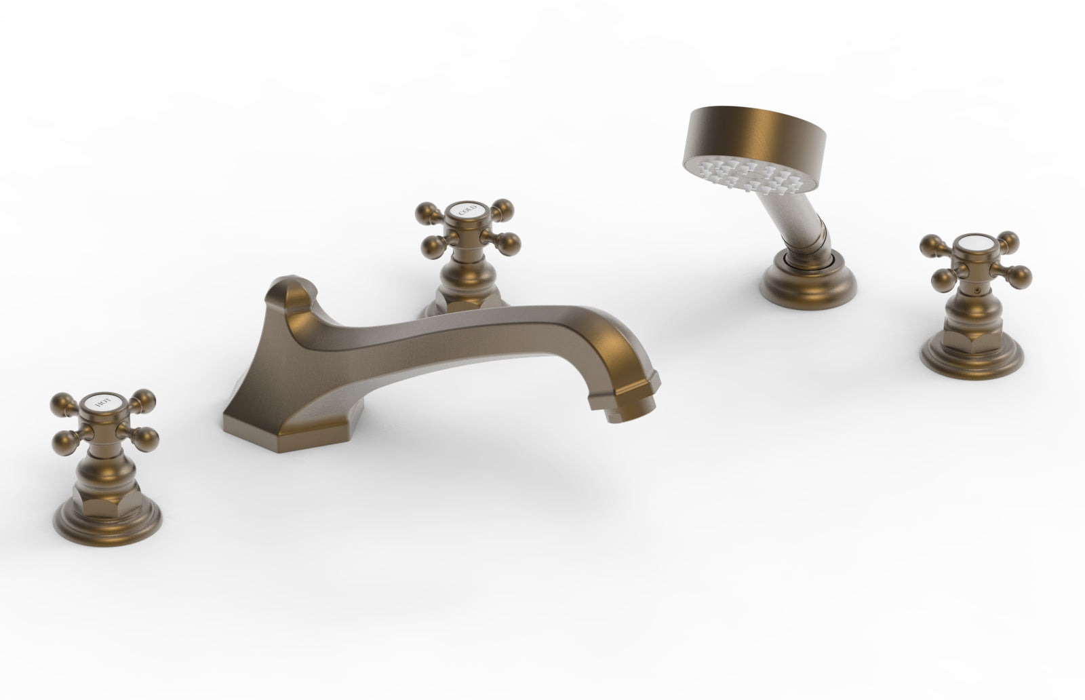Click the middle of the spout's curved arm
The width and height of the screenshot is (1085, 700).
click(x=434, y=332)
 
